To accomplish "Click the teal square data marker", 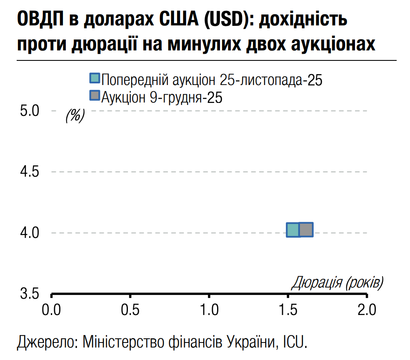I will coord(293,230).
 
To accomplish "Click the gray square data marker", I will coord(306,230).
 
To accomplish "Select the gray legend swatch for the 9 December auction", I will coord(95,95).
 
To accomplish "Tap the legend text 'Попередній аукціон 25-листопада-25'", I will coord(212,79).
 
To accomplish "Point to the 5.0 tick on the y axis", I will coord(29,111).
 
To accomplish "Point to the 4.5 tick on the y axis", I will coord(29,172).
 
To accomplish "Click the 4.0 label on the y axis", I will coord(29,232).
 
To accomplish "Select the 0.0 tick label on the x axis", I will coord(52,310).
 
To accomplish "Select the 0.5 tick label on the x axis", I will coord(130,310).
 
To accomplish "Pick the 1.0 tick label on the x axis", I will coord(209,310).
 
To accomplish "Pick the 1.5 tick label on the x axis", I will coord(288,310).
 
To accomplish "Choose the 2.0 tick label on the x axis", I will coord(367,310).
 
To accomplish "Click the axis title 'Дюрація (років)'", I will coord(337,283).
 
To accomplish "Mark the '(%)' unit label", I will coord(75,115).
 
